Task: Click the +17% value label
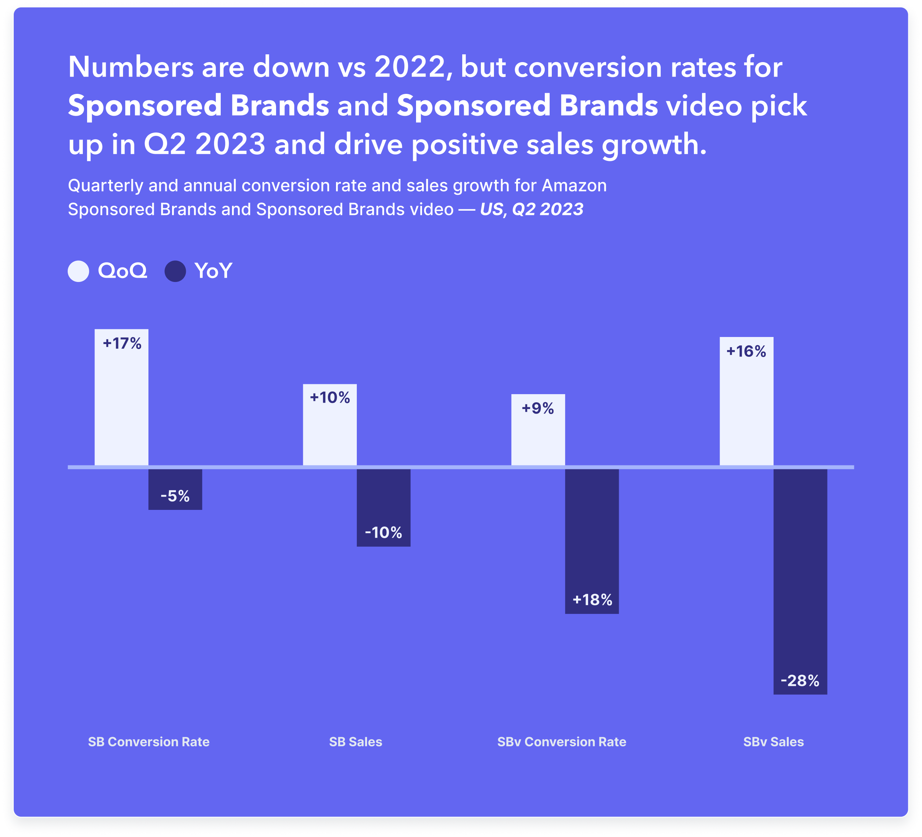pos(122,344)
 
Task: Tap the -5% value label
pos(175,496)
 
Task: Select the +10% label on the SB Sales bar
pos(330,398)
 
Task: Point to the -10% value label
pos(383,533)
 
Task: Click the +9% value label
pos(538,408)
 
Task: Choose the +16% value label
pos(746,351)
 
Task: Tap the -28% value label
pos(800,681)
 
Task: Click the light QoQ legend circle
pos(78,271)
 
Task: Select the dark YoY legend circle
pos(175,271)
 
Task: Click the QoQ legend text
pos(123,271)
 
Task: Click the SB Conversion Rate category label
pos(149,742)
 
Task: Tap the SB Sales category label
pos(355,742)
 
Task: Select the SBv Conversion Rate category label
pos(562,742)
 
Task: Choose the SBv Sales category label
pos(773,742)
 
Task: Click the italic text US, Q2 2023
pos(531,210)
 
